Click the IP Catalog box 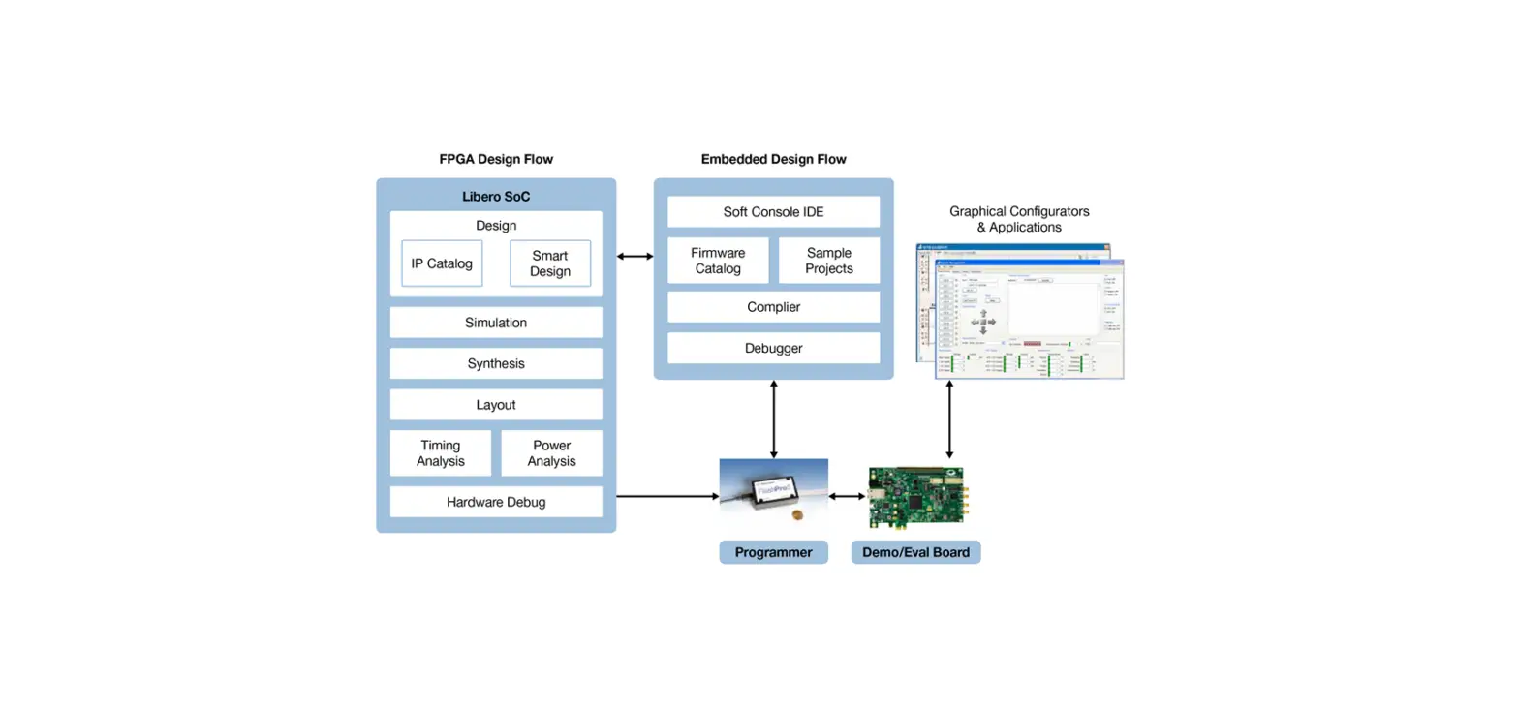tap(442, 263)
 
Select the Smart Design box tap(550, 263)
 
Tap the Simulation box tap(496, 323)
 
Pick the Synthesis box tap(496, 363)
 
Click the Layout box tap(496, 405)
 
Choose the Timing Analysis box tap(441, 453)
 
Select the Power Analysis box tap(551, 453)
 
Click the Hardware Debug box tap(496, 502)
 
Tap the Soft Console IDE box tap(773, 212)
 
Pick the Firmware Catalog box tap(718, 261)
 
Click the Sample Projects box tap(829, 261)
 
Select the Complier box tap(773, 307)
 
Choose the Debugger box tap(773, 348)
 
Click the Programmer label tap(773, 552)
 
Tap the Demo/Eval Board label tap(915, 552)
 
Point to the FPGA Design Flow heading tap(496, 159)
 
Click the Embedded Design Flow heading tap(773, 159)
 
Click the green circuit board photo tap(915, 496)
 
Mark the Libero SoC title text tap(496, 197)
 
